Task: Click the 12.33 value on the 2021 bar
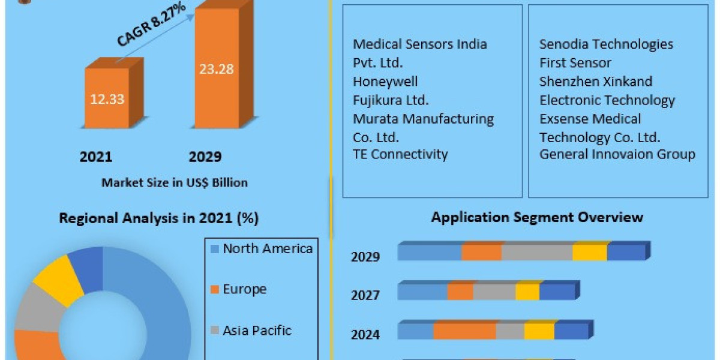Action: tap(107, 99)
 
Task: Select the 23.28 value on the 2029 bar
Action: tap(217, 68)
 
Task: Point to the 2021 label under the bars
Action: tap(95, 157)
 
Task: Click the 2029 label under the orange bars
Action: tap(205, 157)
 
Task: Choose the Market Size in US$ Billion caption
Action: tap(174, 182)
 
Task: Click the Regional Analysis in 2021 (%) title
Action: tap(158, 218)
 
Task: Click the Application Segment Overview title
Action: tap(537, 217)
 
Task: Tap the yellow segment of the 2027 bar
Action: tap(527, 292)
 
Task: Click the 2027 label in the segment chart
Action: tap(365, 295)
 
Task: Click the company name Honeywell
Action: tap(385, 81)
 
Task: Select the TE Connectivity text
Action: tap(400, 154)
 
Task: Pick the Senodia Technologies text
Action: tap(606, 44)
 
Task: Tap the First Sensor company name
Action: tap(575, 62)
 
